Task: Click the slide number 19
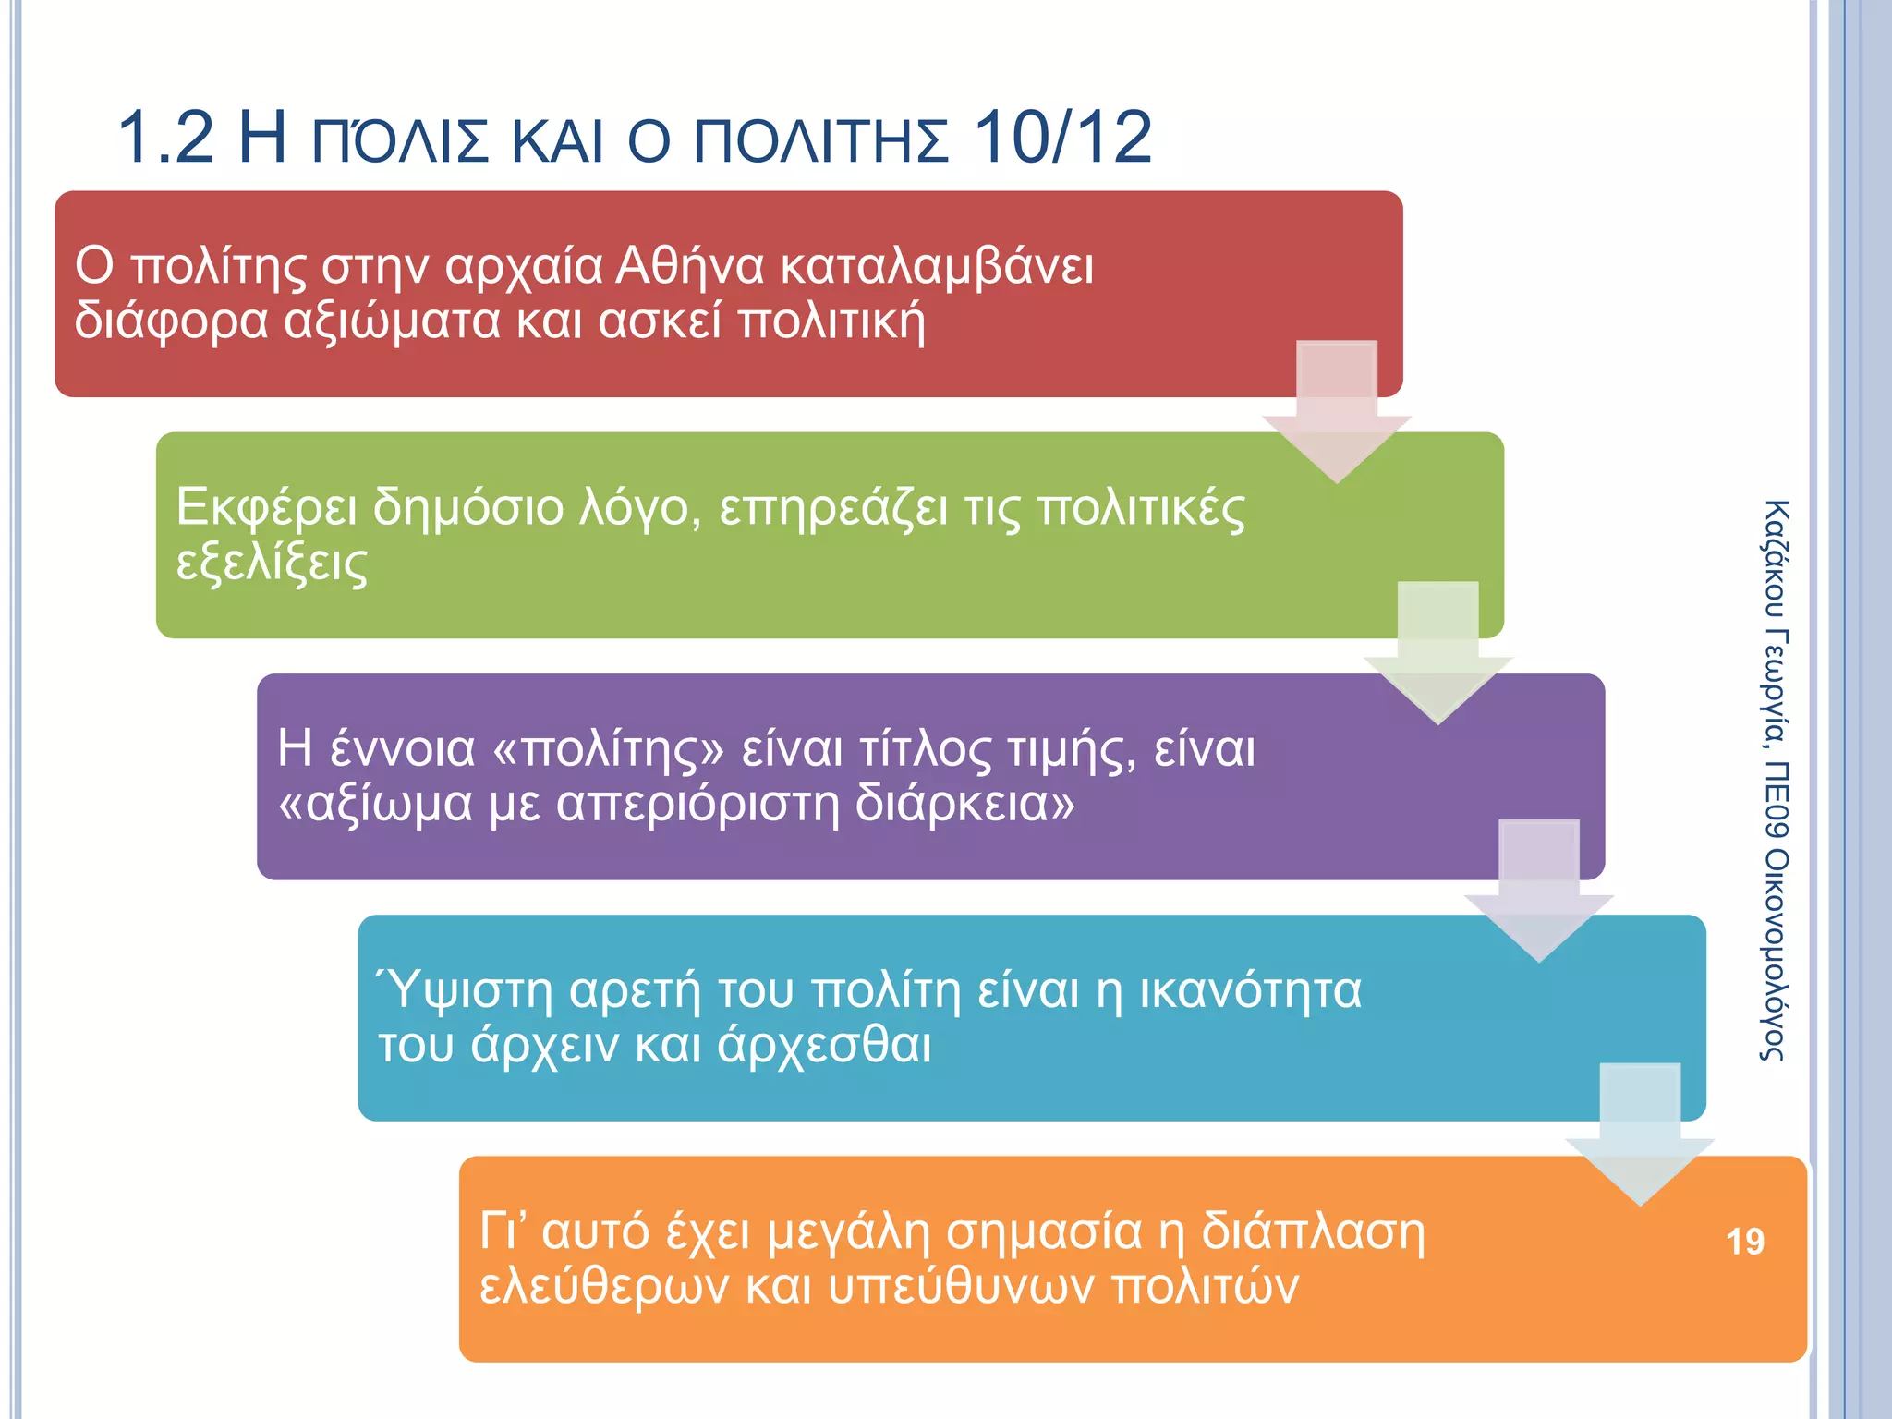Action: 1744,1241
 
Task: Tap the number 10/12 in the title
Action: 1062,138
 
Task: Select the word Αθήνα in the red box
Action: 689,266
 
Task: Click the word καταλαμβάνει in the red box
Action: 937,266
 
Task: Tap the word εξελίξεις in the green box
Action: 272,564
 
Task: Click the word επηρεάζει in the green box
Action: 833,508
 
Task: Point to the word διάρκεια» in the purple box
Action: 964,804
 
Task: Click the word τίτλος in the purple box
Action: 924,748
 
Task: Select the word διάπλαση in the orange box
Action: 1312,1232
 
